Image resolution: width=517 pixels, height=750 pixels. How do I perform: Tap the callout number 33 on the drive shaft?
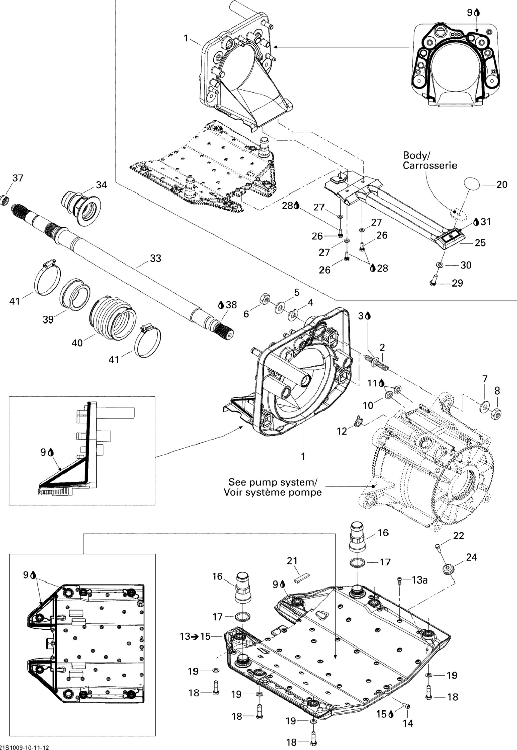click(x=155, y=258)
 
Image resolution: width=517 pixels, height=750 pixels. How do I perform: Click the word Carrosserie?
click(x=430, y=165)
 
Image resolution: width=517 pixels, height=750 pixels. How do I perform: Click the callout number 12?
click(x=342, y=431)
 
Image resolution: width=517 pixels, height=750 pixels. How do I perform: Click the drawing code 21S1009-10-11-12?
click(x=25, y=745)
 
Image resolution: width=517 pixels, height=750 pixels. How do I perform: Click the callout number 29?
click(x=457, y=283)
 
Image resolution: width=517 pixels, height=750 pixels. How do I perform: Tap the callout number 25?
click(x=480, y=243)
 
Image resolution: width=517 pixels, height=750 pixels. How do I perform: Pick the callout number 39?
click(x=48, y=319)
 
